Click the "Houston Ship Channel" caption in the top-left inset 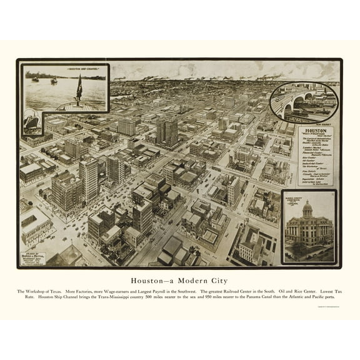click(x=66, y=69)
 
